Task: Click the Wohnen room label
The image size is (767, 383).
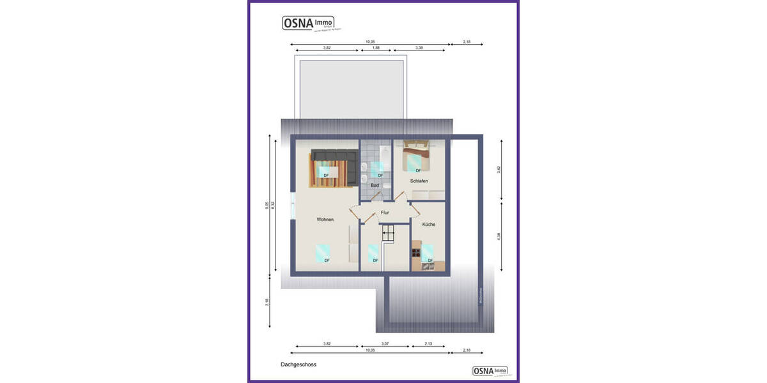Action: (325, 220)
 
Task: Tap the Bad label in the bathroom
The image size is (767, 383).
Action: (375, 186)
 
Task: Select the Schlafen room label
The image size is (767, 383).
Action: (419, 181)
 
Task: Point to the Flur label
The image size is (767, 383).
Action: (385, 213)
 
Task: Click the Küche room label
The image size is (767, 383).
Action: (428, 224)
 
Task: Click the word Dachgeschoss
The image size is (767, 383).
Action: (298, 364)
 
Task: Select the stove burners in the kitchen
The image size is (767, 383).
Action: (416, 253)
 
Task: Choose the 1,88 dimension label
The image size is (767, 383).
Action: (376, 48)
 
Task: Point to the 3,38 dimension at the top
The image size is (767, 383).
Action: (419, 48)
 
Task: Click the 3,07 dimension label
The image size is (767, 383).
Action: (385, 344)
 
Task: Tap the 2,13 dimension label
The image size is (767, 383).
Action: (428, 344)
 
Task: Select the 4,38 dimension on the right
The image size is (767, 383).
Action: (499, 236)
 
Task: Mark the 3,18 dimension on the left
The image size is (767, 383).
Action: (267, 302)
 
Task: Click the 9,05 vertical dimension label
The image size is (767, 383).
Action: (267, 206)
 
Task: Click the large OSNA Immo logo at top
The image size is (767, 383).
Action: (308, 23)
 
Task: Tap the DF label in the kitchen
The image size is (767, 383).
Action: (430, 260)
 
